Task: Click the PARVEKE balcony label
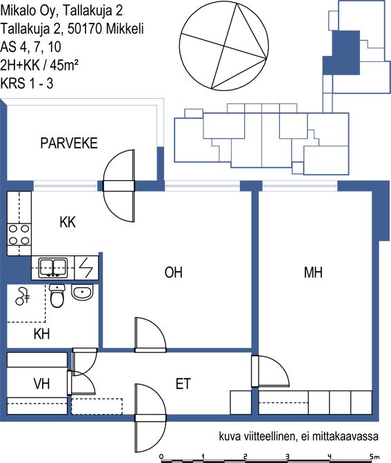pyautogui.click(x=69, y=144)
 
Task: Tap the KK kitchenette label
pyautogui.click(x=68, y=222)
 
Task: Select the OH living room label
pyautogui.click(x=174, y=273)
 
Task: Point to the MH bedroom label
pyautogui.click(x=313, y=273)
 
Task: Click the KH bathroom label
pyautogui.click(x=41, y=334)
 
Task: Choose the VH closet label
pyautogui.click(x=41, y=384)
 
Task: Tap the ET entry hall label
pyautogui.click(x=183, y=384)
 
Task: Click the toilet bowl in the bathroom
pyautogui.click(x=57, y=296)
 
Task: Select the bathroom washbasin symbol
pyautogui.click(x=82, y=293)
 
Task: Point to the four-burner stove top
pyautogui.click(x=19, y=235)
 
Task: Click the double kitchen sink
pyautogui.click(x=53, y=268)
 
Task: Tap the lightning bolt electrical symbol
pyautogui.click(x=86, y=268)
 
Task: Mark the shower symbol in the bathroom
pyautogui.click(x=22, y=296)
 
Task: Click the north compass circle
pyautogui.click(x=224, y=46)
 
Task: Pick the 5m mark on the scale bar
pyautogui.click(x=374, y=457)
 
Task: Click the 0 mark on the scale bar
pyautogui.click(x=161, y=457)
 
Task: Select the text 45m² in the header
pyautogui.click(x=64, y=65)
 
